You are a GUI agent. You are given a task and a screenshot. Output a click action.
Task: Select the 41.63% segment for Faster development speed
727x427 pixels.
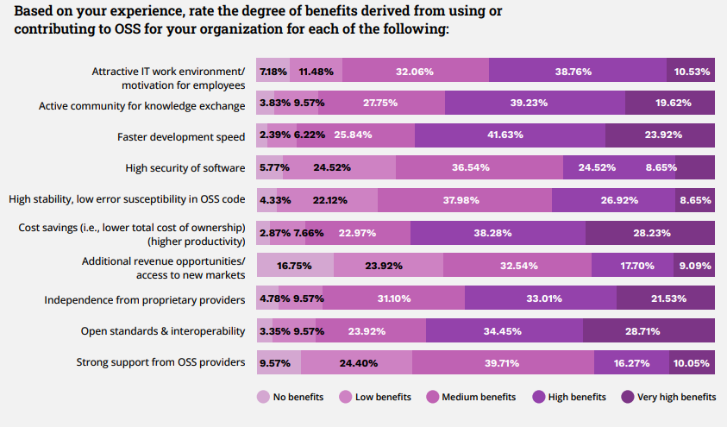tap(510, 135)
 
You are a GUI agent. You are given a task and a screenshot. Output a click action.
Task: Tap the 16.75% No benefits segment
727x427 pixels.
tap(295, 267)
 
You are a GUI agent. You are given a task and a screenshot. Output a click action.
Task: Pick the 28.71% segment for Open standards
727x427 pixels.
tap(649, 330)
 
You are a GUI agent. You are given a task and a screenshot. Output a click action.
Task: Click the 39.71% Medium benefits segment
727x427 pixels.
tap(502, 363)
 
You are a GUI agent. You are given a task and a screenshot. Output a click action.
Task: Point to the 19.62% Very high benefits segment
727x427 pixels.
tap(670, 103)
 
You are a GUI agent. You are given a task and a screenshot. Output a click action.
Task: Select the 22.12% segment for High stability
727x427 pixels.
tap(329, 200)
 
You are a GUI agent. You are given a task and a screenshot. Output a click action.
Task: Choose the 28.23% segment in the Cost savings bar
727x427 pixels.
tap(649, 233)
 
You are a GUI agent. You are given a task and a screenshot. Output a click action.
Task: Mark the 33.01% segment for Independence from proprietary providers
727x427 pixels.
tap(541, 298)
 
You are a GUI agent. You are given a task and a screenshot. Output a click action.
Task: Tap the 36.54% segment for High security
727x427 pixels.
tap(479, 167)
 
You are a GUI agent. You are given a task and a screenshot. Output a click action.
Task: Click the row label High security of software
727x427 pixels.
tap(185, 167)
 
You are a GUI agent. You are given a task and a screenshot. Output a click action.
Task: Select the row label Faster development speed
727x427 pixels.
tap(181, 136)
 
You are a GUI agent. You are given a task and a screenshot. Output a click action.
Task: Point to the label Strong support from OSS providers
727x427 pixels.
tap(161, 362)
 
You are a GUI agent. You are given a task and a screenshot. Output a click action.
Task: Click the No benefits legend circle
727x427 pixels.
tap(263, 397)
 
